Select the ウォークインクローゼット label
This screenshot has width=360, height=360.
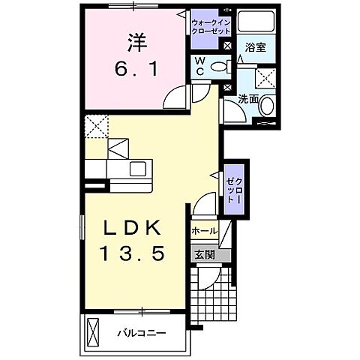211,27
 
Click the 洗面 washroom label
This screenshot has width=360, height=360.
249,98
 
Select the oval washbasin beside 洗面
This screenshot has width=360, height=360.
267,107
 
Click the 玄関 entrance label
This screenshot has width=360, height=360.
205,255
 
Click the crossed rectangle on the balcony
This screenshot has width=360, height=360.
93,331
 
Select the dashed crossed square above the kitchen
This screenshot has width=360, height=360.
96,127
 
